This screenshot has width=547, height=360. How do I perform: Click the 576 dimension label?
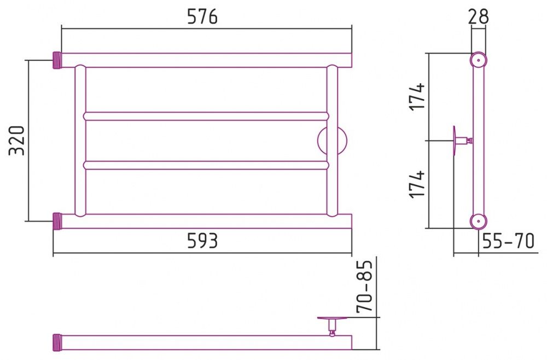point(202,16)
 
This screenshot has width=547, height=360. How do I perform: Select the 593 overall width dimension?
point(202,240)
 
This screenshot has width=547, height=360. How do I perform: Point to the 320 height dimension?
point(17,140)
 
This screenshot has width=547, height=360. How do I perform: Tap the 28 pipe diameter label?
point(478,16)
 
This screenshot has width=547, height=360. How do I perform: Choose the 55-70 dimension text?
point(508,241)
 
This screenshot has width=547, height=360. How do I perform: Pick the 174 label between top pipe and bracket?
point(417,97)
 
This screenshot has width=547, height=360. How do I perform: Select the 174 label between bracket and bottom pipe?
point(417,184)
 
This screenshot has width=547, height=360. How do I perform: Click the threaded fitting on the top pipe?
point(57,60)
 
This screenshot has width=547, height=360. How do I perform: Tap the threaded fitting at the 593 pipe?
point(57,221)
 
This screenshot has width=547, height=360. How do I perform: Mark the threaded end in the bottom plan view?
point(57,342)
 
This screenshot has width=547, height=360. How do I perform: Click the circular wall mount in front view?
point(332,141)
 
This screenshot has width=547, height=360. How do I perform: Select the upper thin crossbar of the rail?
point(206,116)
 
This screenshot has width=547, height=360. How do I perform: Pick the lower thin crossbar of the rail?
point(206,165)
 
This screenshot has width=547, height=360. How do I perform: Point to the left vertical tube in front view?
point(80,141)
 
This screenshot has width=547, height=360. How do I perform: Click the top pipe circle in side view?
point(478,60)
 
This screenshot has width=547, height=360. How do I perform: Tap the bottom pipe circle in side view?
point(478,221)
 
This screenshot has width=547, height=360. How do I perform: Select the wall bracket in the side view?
point(462,141)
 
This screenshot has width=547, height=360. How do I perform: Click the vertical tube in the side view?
point(478,141)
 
